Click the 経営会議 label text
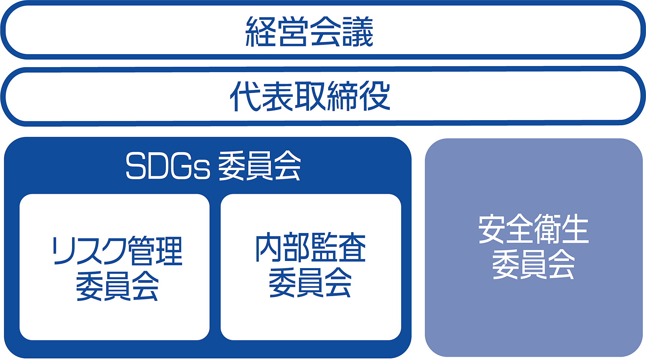(x=309, y=32)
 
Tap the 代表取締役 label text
(x=310, y=96)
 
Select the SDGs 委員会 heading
(x=213, y=166)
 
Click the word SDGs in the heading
(x=168, y=166)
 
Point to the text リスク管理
(x=117, y=251)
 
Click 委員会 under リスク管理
(x=117, y=286)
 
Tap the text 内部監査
(x=310, y=248)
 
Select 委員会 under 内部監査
(x=310, y=283)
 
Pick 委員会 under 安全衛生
(x=533, y=265)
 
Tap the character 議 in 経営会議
(x=358, y=32)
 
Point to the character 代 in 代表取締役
(x=245, y=96)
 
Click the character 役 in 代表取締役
(x=375, y=96)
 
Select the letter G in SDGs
(x=181, y=166)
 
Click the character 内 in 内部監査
(x=269, y=248)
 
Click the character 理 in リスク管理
(x=169, y=251)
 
